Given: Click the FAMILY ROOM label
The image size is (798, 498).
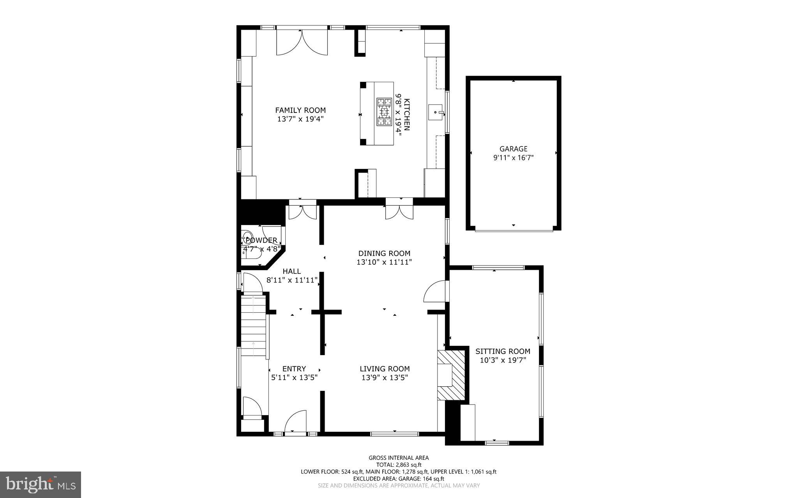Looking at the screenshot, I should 300,110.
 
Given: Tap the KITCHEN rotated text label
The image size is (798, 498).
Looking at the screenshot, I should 407,114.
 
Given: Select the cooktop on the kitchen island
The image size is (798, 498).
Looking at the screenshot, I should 384,112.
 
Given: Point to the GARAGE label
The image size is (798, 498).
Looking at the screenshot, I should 513,149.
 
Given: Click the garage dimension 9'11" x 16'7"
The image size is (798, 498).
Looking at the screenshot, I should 513,158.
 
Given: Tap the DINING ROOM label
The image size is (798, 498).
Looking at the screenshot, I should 384,253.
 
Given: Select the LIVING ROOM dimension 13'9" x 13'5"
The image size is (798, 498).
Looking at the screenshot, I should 385,377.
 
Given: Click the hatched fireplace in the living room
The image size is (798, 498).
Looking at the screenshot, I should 452,375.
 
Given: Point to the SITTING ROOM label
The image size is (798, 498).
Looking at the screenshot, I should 503,351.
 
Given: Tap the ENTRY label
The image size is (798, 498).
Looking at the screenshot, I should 294,369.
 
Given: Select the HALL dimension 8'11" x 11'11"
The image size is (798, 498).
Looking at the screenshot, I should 292,280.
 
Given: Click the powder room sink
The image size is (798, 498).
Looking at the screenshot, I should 247,236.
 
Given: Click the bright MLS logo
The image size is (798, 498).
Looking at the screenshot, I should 41,484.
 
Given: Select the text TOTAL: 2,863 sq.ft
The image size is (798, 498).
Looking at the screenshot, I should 399,465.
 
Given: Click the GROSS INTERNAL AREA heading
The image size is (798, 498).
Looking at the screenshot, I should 399,458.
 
